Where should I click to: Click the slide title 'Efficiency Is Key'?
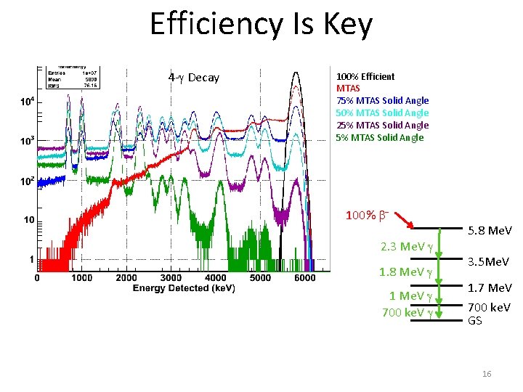(x=261, y=25)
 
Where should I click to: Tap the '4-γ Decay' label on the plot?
(x=193, y=78)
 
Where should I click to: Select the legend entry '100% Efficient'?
(x=365, y=76)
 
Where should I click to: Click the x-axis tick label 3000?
(x=171, y=277)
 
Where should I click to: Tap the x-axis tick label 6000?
(x=305, y=277)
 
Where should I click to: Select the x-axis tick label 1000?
(x=81, y=277)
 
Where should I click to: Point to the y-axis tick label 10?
(x=28, y=219)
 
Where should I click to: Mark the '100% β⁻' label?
(x=367, y=216)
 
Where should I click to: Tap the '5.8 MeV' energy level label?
(x=489, y=231)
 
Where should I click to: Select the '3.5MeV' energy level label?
(x=489, y=261)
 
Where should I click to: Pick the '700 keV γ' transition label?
(x=407, y=312)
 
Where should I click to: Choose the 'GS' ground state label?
(x=474, y=320)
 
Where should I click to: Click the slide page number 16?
(x=487, y=373)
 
